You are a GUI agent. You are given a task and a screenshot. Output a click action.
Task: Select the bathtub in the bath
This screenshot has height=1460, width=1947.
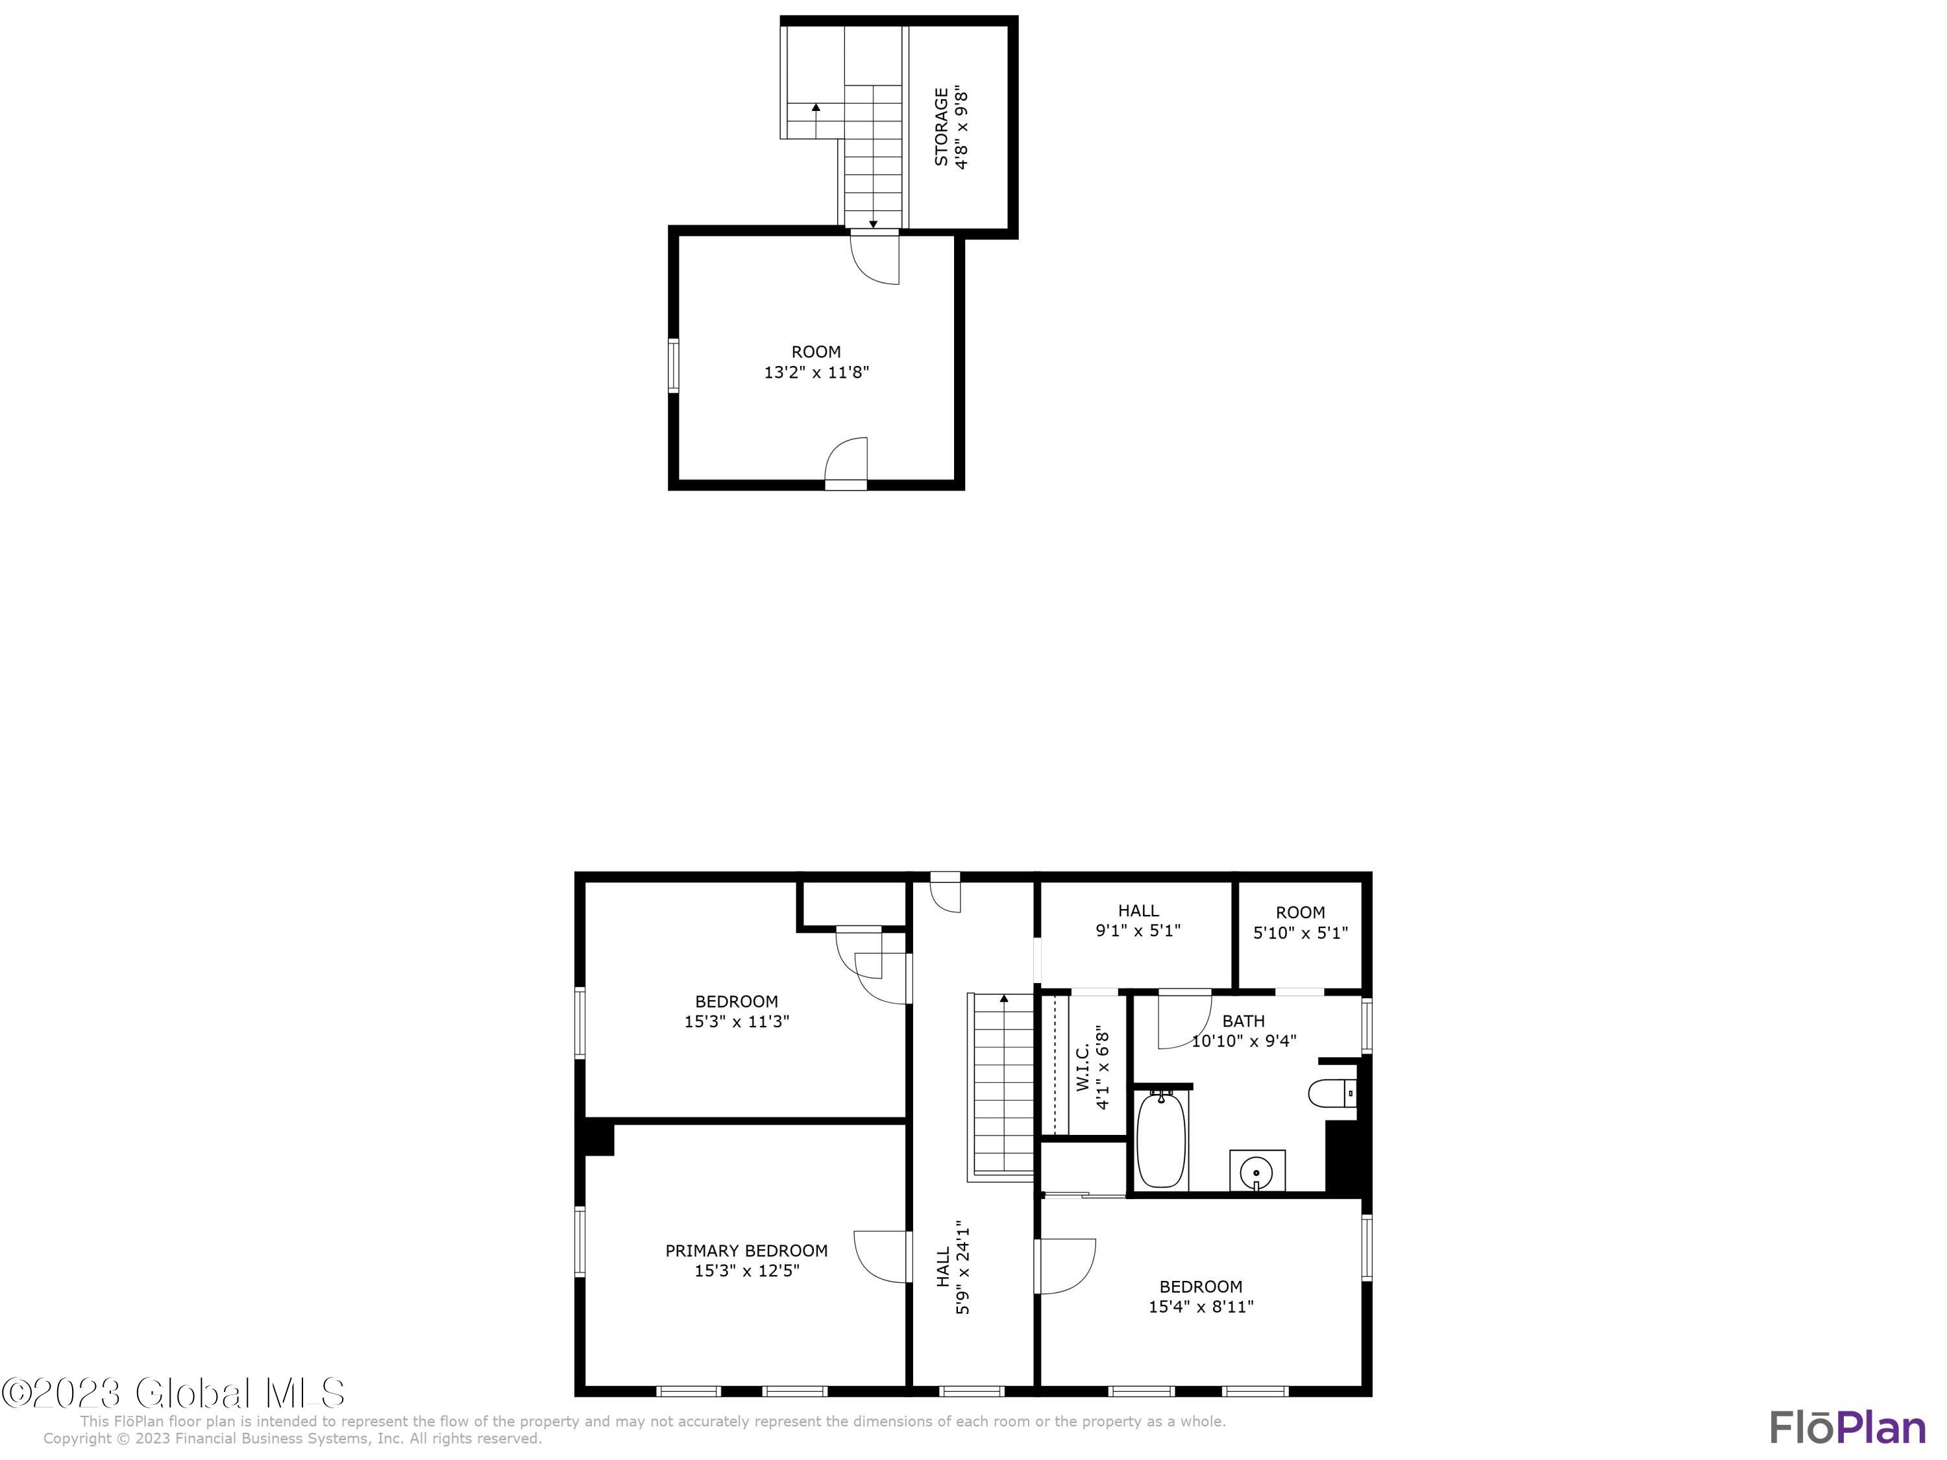click(1162, 1141)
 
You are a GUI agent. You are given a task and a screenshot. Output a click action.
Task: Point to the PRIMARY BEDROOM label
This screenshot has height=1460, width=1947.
click(746, 1250)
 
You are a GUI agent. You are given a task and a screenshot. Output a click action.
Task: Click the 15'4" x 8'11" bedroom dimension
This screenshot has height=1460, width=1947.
click(1201, 1307)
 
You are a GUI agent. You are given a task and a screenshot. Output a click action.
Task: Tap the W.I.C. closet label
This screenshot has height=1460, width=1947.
click(1083, 1067)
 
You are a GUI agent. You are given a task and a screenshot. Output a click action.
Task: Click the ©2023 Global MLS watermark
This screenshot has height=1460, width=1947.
click(173, 1393)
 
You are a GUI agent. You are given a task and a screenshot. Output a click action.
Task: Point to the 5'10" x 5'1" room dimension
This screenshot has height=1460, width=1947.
click(1300, 933)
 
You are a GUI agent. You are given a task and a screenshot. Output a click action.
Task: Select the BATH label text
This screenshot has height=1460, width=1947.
click(1243, 1021)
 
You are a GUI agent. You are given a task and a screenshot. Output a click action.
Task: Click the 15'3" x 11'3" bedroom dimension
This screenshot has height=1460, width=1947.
click(737, 1022)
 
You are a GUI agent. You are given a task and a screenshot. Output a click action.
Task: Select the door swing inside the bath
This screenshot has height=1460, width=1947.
click(1184, 1021)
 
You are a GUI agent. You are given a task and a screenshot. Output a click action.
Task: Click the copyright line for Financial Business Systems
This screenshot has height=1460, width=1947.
click(292, 1439)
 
